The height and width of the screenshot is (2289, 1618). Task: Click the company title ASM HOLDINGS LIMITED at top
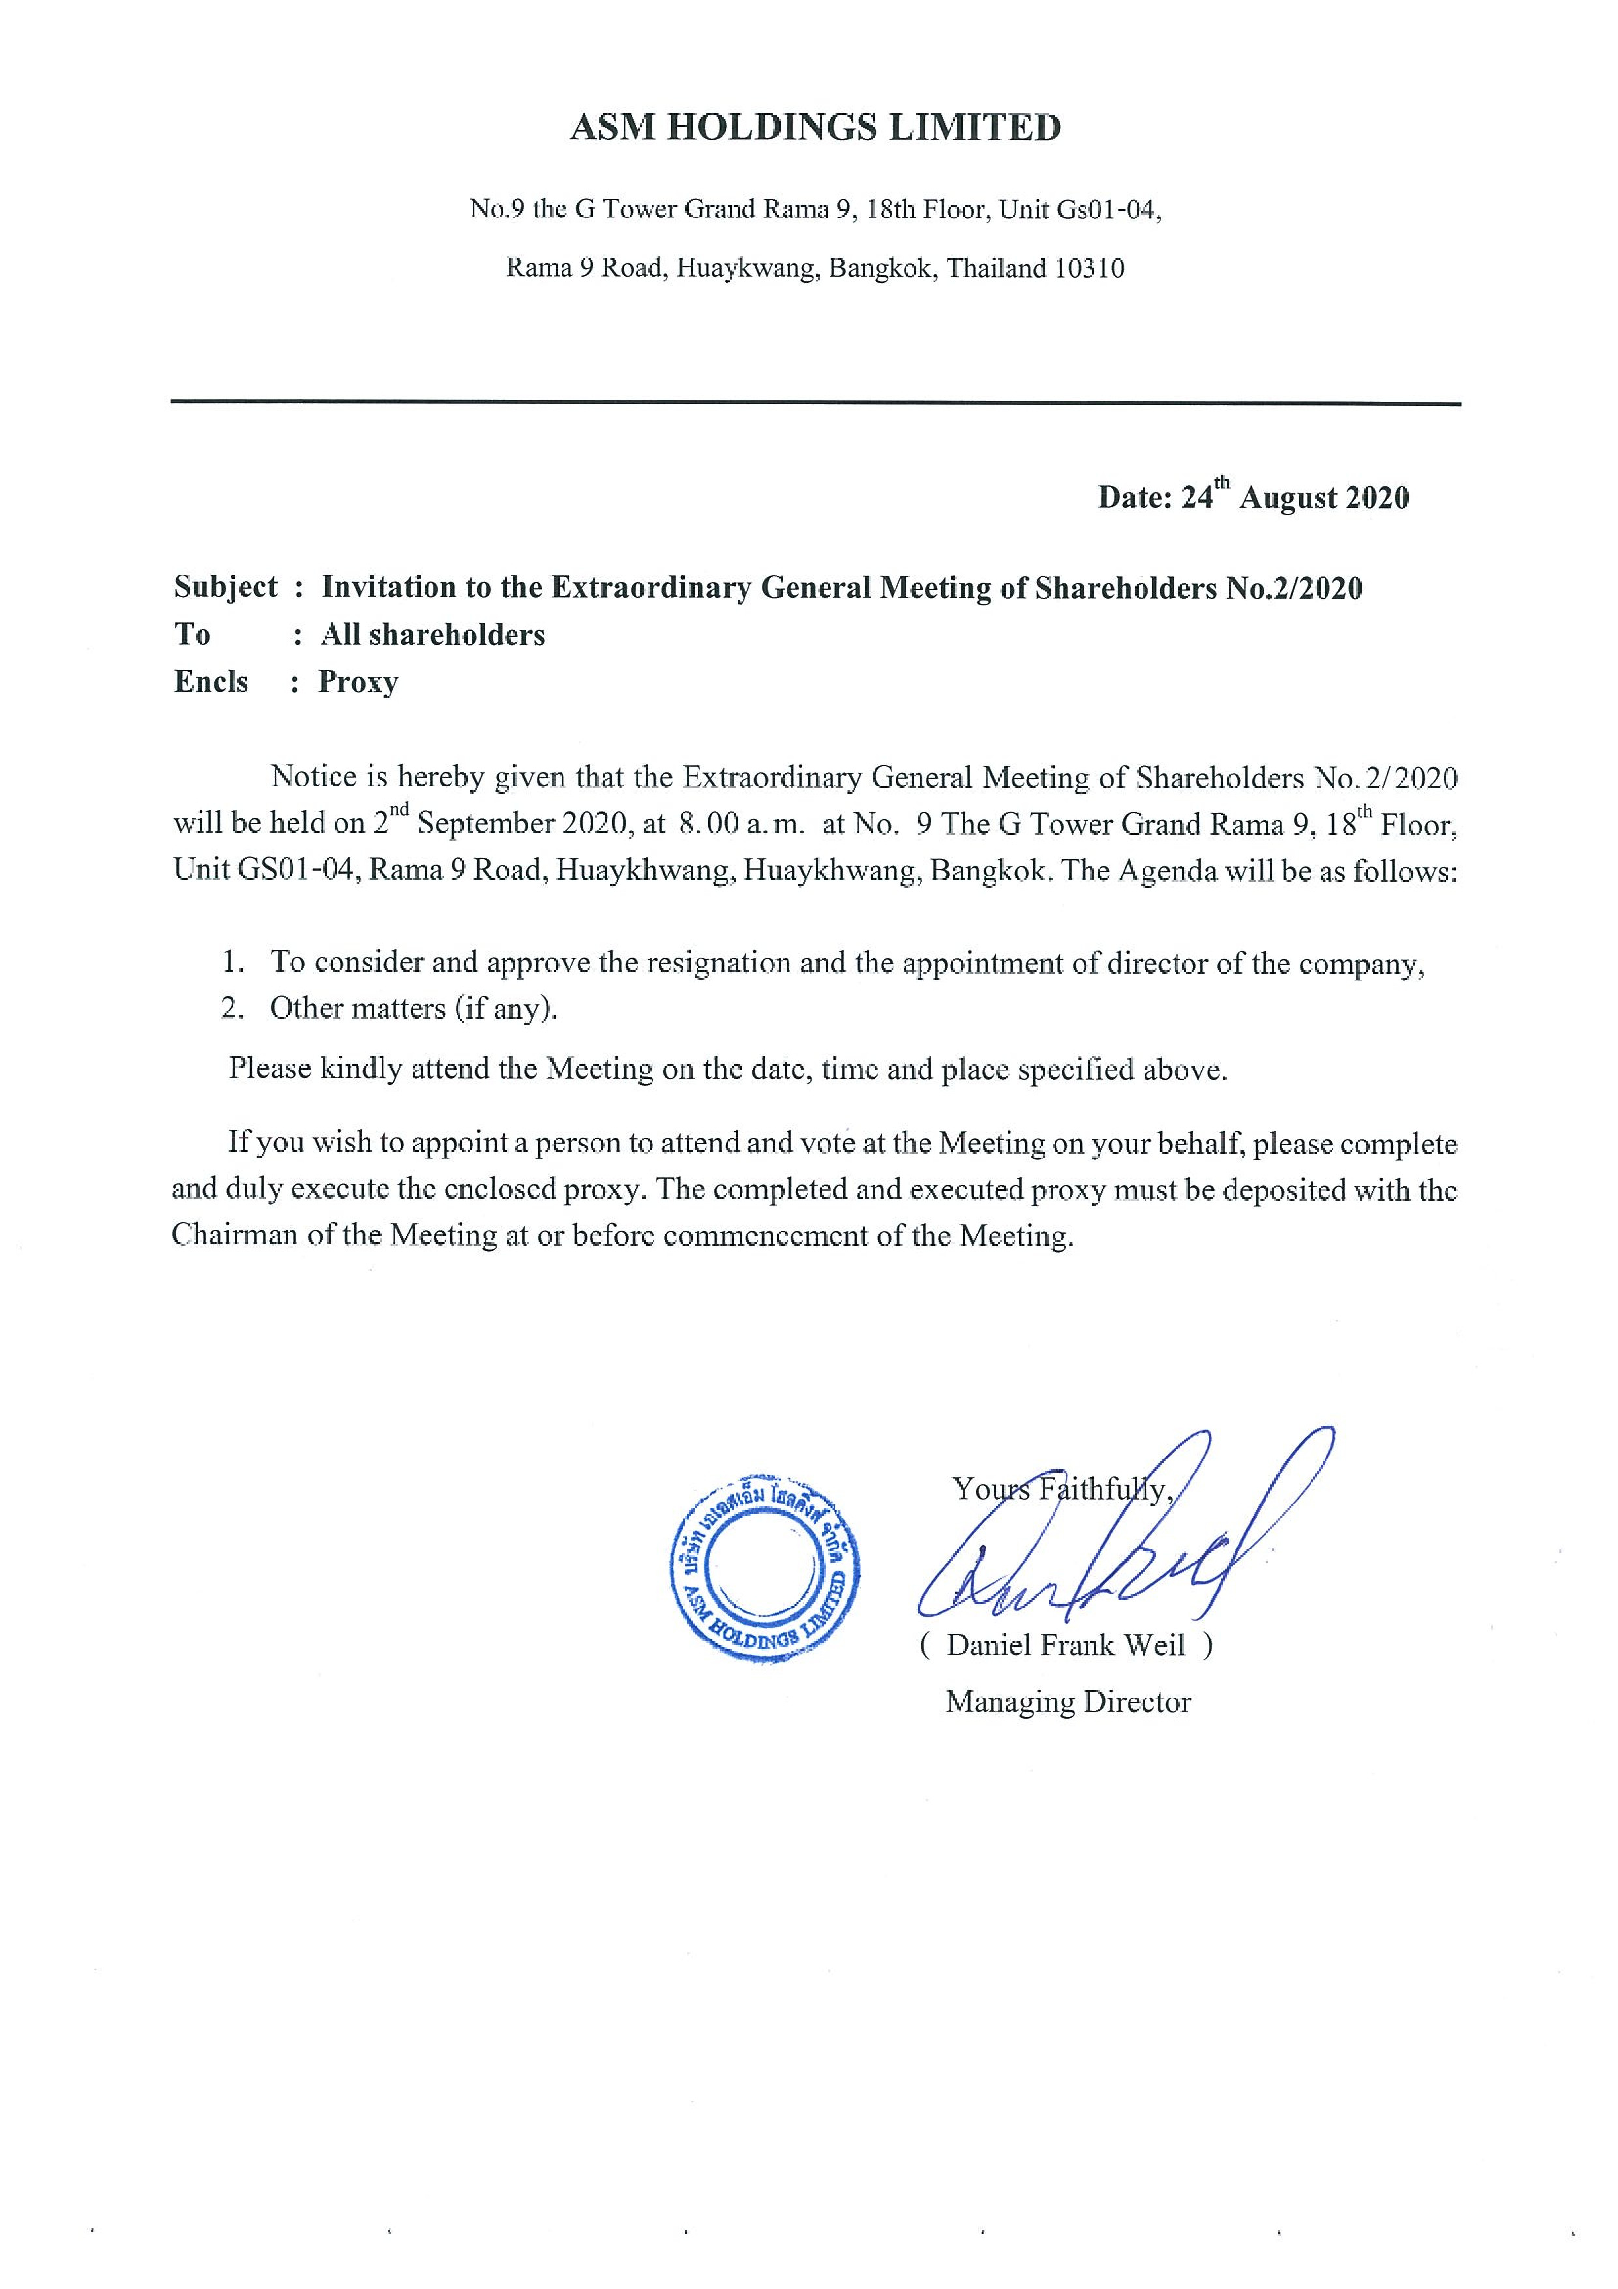point(815,128)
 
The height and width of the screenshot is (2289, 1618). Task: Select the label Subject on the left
point(225,587)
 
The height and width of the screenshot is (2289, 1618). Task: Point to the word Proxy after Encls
point(358,682)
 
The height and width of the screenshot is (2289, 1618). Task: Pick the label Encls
point(211,682)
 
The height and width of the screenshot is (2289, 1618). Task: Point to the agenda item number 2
point(232,1008)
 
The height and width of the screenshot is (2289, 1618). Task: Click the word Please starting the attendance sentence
point(270,1069)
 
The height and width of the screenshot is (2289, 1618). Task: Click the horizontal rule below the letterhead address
point(815,403)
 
